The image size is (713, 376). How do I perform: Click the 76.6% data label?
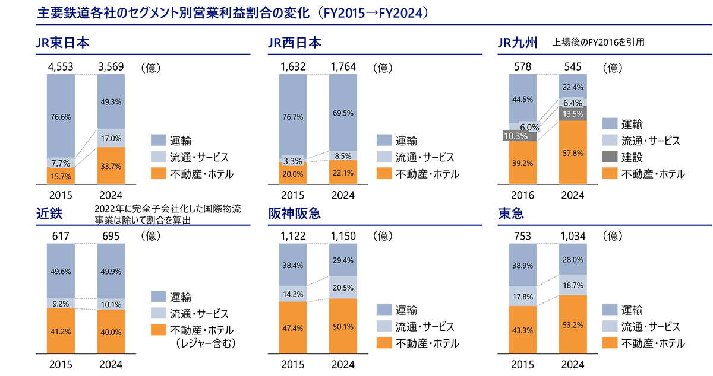pos(61,117)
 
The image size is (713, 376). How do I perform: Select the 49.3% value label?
pos(111,101)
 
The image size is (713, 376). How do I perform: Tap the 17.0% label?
pos(111,139)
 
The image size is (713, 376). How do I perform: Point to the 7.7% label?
pos(61,162)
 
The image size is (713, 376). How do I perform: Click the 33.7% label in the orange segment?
pos(111,167)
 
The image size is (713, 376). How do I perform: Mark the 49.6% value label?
pos(61,272)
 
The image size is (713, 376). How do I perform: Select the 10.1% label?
pos(111,305)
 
